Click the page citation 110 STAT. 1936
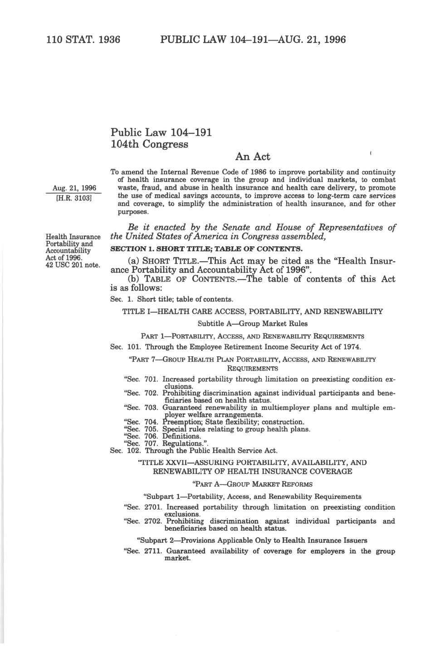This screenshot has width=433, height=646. pos(83,40)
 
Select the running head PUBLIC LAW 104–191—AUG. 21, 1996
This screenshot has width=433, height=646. pos(253,40)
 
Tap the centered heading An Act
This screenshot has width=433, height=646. pos(252,157)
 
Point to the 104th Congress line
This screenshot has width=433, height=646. pos(149,144)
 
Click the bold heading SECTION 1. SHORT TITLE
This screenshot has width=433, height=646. pos(206,249)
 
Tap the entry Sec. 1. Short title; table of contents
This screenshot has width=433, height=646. pos(172,299)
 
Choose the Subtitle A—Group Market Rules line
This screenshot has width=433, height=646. pos(252,323)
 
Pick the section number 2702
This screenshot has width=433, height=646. pos(153,521)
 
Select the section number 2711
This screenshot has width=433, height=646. pos(153,551)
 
